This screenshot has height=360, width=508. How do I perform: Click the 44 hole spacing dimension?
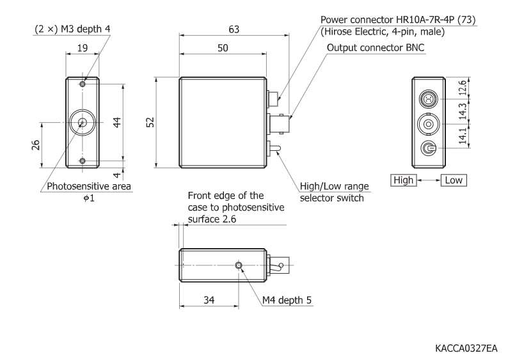point(117,122)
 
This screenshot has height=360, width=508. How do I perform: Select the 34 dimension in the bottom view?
point(209,299)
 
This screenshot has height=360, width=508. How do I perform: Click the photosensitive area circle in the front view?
point(81,122)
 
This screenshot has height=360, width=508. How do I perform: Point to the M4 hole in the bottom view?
point(239,265)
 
